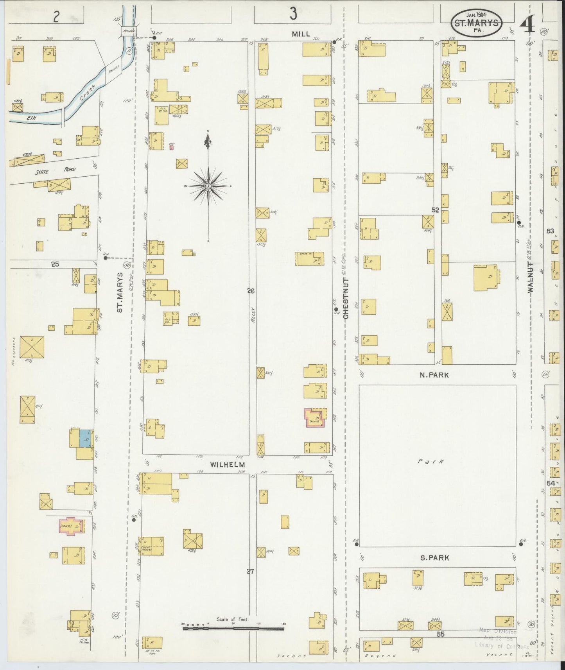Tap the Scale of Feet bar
[x=233, y=629]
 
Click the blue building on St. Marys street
[x=85, y=438]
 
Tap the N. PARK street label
[x=434, y=375]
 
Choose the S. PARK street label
[x=434, y=558]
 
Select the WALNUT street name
[x=531, y=277]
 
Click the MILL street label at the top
[x=301, y=34]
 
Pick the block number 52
[x=436, y=210]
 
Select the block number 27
[x=250, y=571]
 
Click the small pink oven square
[x=171, y=147]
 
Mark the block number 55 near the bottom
[x=441, y=634]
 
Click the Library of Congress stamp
[x=498, y=638]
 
